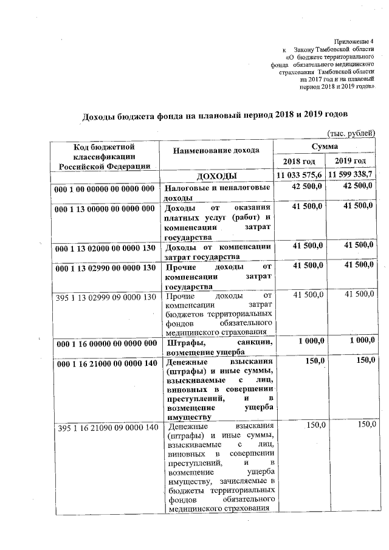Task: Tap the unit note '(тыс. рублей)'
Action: click(351, 133)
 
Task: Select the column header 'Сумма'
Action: click(325, 146)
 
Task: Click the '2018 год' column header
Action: click(300, 161)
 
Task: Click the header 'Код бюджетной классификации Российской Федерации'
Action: click(104, 156)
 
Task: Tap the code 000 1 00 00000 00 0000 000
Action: click(105, 190)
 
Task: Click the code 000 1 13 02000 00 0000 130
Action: click(105, 248)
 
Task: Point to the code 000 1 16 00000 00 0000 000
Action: click(105, 343)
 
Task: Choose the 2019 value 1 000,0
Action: click(357, 341)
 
